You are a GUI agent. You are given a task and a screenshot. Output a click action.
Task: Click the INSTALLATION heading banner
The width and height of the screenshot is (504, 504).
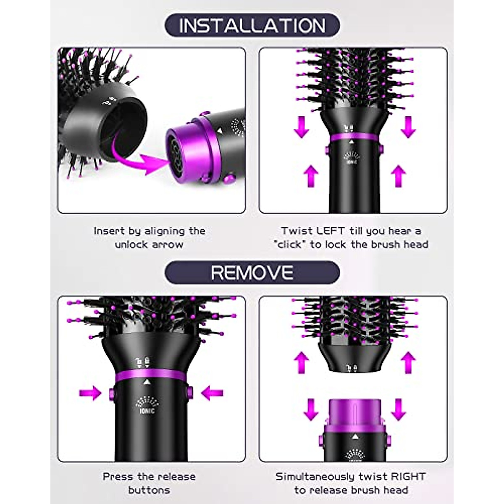point(252,25)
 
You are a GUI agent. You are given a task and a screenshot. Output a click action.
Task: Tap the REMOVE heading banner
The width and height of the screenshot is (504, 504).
point(252,273)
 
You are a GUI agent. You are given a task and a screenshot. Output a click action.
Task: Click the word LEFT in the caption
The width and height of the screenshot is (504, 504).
point(331,231)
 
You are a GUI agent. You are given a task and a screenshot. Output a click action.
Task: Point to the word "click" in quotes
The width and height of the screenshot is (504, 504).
point(290,244)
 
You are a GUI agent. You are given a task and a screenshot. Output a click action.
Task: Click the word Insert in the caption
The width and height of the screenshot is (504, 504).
point(109,231)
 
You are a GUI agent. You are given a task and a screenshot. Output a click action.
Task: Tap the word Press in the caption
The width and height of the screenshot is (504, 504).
point(118,476)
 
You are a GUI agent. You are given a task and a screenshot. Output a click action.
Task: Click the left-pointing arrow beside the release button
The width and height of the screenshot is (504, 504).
point(213,394)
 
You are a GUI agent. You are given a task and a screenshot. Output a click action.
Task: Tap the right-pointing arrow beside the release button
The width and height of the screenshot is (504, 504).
point(90,394)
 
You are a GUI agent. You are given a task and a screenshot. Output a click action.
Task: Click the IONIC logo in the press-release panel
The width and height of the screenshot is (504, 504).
point(147,406)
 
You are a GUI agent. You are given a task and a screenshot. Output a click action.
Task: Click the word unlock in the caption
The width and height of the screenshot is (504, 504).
point(130,244)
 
